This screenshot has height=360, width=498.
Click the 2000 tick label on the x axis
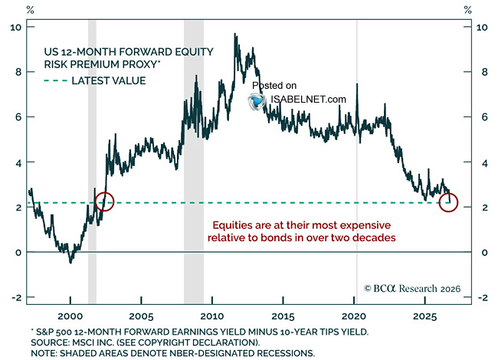click(70, 316)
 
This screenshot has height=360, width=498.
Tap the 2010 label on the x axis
click(212, 316)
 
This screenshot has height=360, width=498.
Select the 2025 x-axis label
click(425, 316)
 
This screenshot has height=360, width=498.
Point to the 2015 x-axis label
click(283, 316)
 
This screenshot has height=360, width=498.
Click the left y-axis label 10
click(16, 28)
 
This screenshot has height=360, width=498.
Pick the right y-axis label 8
click(484, 72)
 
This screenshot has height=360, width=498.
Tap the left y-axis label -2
click(17, 297)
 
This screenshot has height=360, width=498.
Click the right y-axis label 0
click(484, 253)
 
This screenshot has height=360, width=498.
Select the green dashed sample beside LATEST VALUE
click(56, 80)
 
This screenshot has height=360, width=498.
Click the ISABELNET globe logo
click(257, 102)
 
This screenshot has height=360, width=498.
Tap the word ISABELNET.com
click(308, 100)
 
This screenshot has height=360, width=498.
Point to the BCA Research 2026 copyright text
click(412, 288)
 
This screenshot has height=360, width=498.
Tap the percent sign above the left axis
click(30, 10)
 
